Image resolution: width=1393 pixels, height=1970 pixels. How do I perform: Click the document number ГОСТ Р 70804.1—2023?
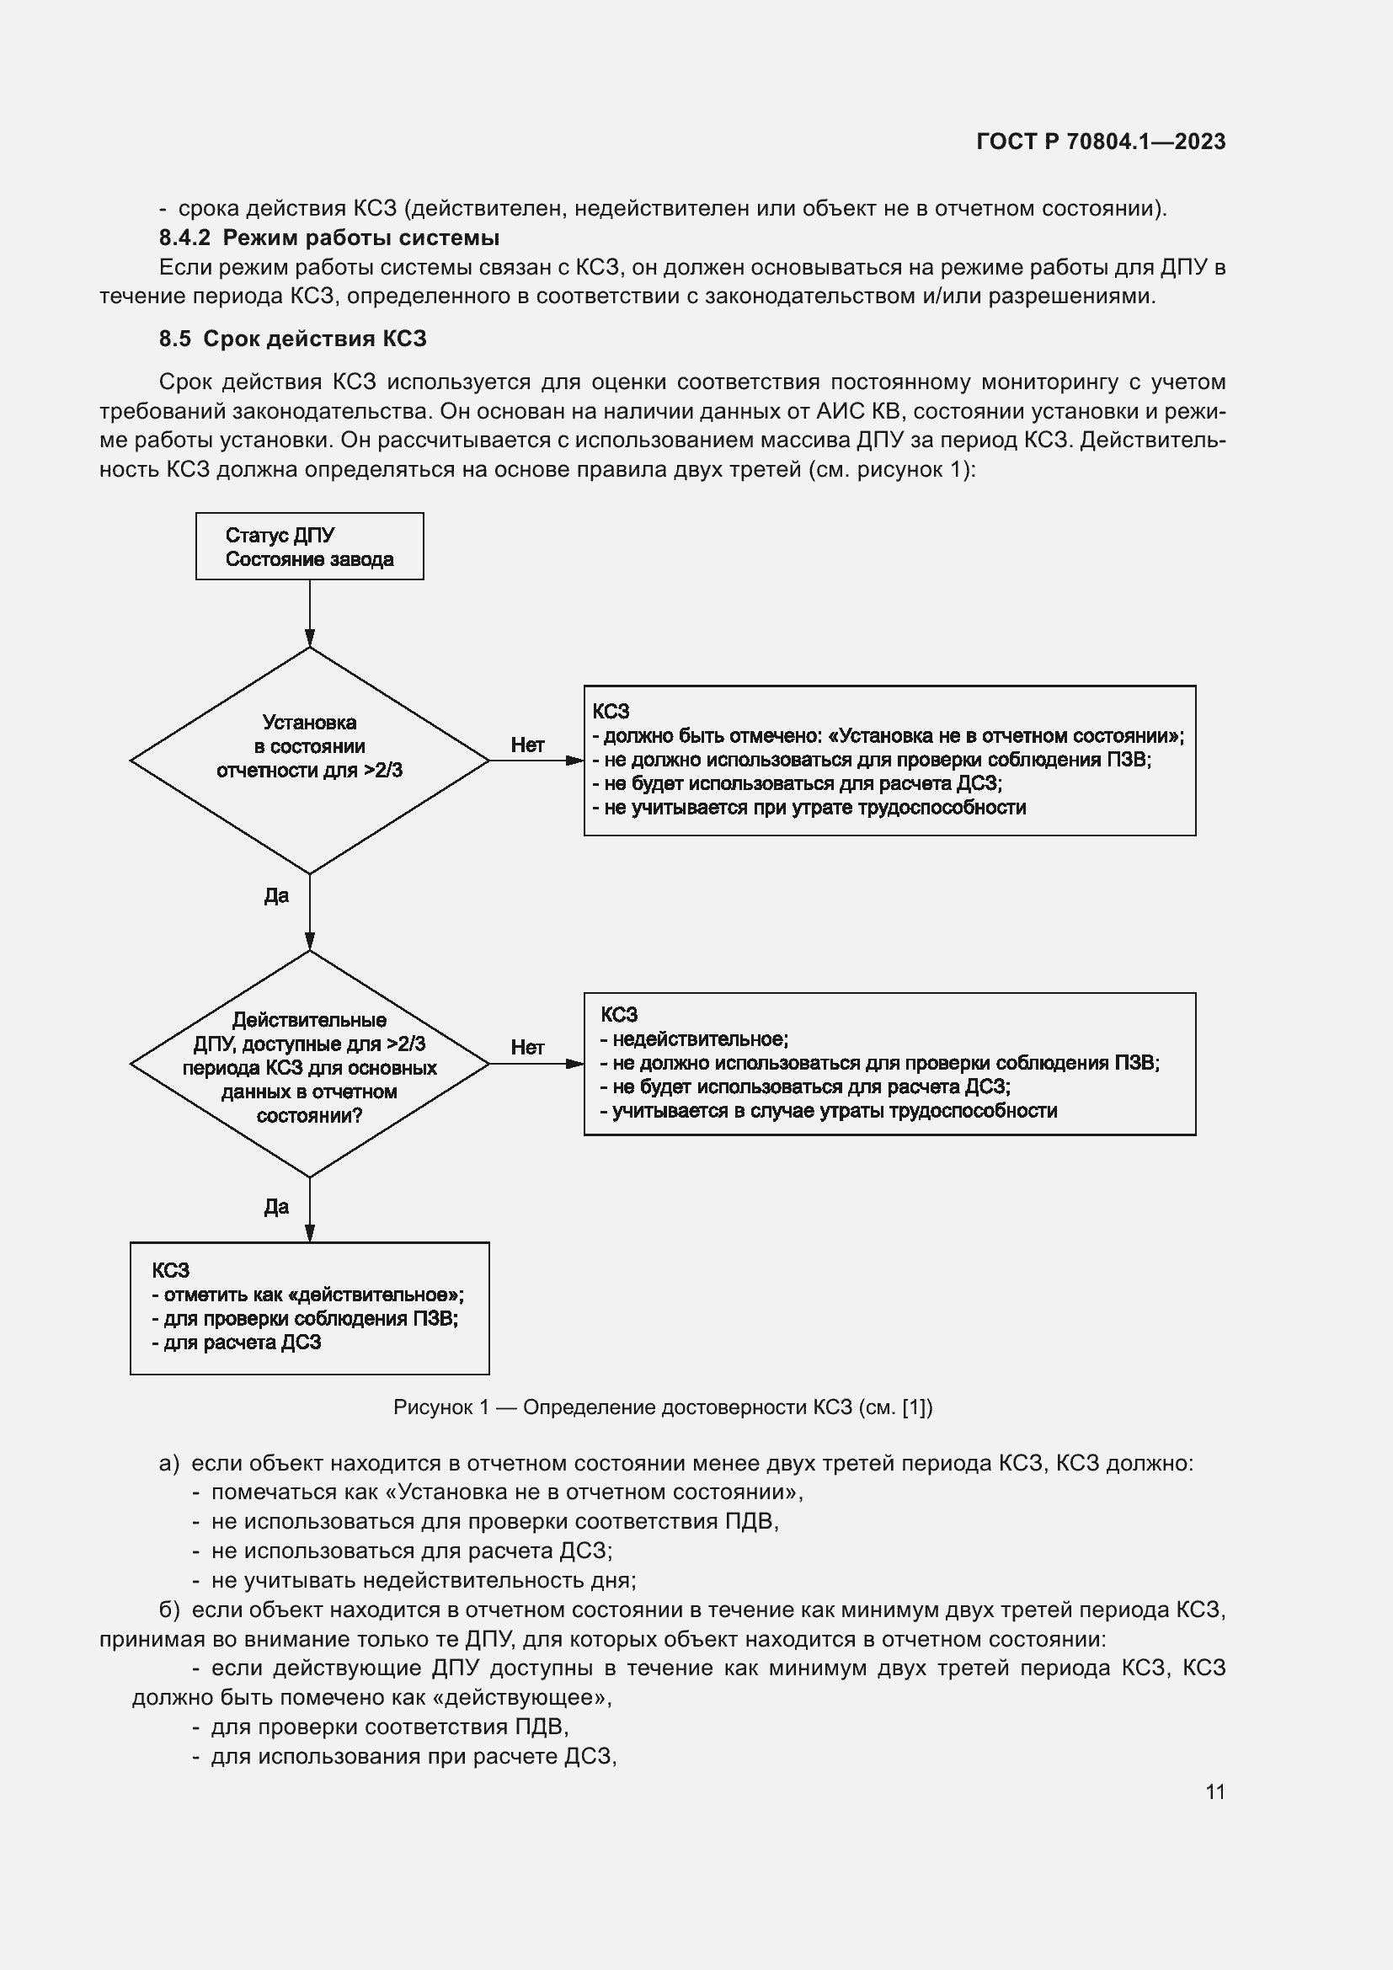point(1101,141)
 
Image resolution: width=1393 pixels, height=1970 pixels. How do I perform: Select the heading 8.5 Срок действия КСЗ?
point(291,339)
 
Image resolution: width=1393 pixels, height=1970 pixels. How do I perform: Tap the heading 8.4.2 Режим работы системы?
point(328,238)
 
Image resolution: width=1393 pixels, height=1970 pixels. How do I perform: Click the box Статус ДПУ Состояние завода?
point(309,547)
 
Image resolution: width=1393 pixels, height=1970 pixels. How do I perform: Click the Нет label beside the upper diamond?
point(526,745)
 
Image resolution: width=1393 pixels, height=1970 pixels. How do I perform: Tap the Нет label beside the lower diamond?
point(526,1047)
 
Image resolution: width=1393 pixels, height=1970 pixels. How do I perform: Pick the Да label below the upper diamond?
point(276,896)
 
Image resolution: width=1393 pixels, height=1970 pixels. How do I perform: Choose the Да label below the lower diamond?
point(276,1207)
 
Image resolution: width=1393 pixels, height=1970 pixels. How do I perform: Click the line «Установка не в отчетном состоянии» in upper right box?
point(888,735)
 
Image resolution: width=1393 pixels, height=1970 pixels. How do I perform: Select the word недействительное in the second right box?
point(699,1039)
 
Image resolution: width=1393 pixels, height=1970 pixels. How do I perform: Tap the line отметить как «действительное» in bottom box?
point(309,1295)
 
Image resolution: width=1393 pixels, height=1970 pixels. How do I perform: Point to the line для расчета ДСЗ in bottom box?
point(238,1343)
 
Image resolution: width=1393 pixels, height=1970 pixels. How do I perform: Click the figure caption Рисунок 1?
point(662,1407)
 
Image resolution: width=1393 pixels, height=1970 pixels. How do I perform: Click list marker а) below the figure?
point(169,1464)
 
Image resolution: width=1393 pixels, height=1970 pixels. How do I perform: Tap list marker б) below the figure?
point(169,1610)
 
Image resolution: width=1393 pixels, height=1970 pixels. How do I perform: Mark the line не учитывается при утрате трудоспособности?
point(809,808)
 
